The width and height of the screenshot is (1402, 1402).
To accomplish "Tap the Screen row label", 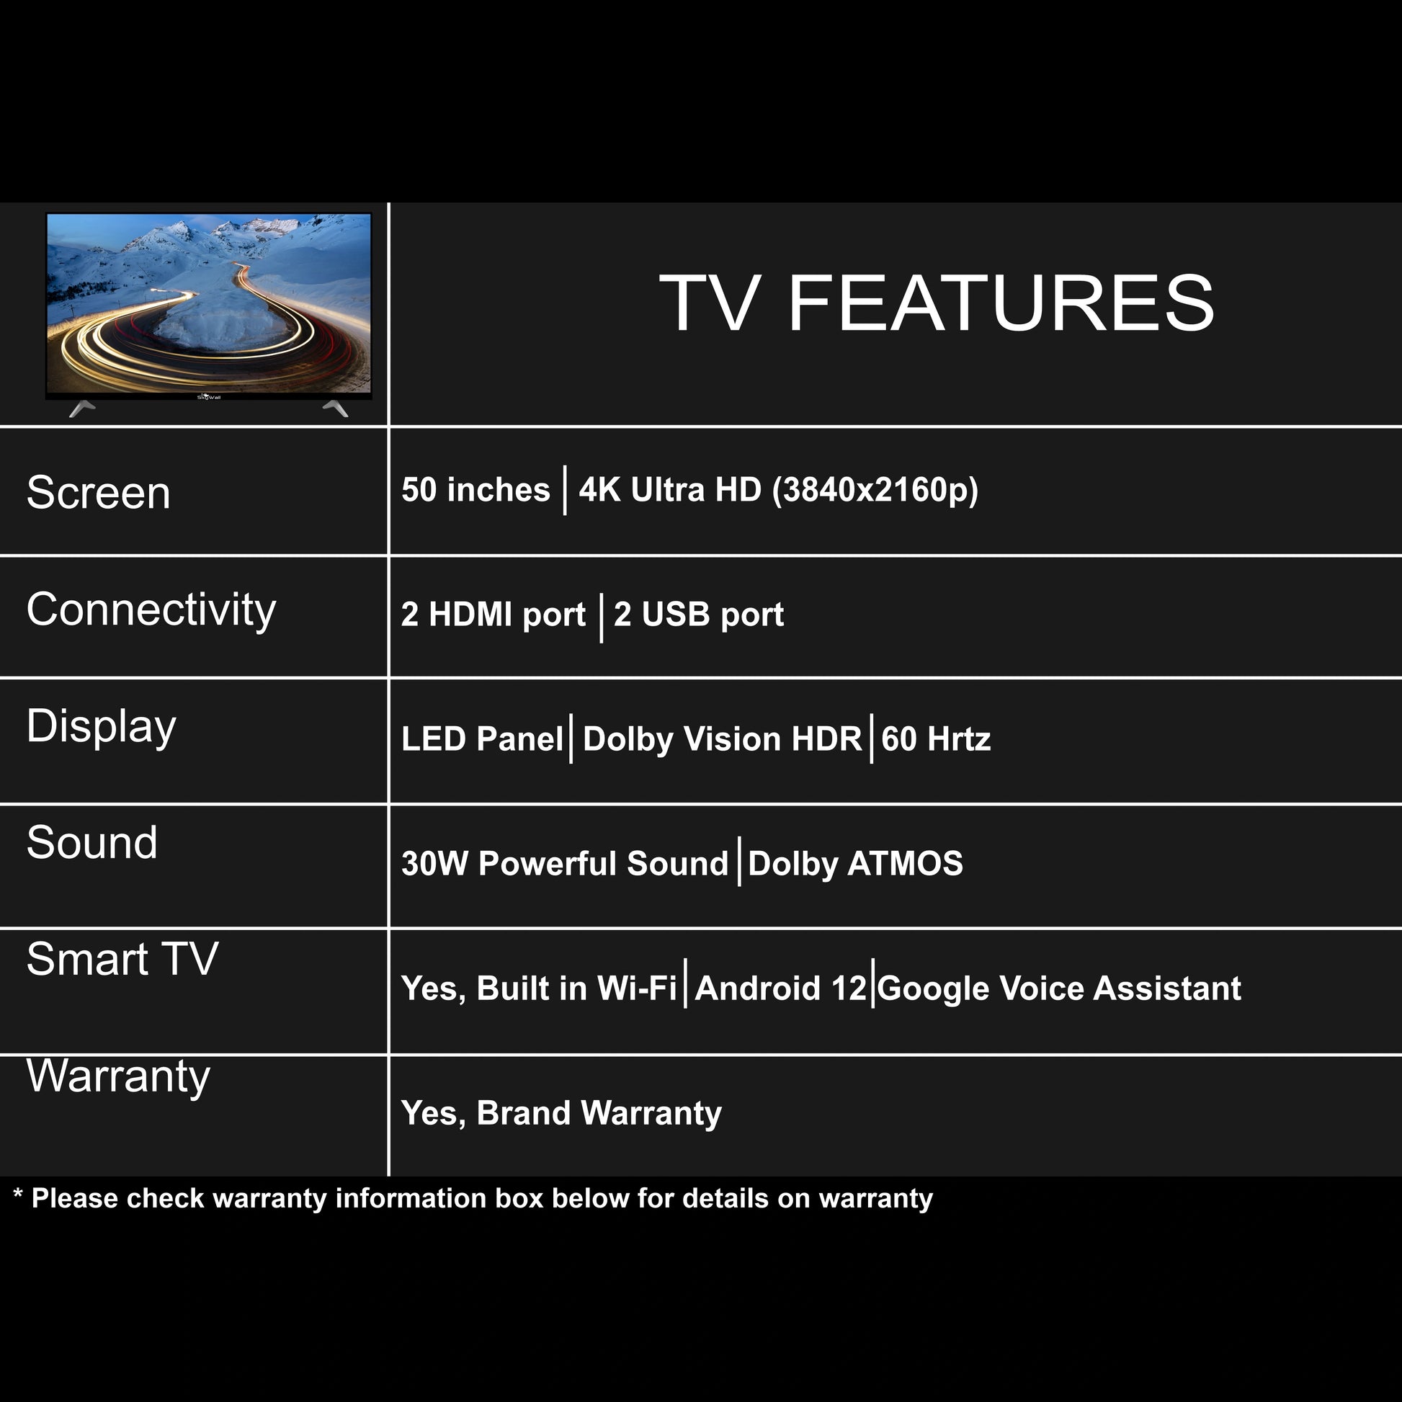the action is tap(99, 493).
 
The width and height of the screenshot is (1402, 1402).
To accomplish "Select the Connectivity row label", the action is tap(151, 611).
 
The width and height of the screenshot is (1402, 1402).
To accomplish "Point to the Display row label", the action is tap(102, 727).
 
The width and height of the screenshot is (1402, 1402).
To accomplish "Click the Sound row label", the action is tap(92, 842).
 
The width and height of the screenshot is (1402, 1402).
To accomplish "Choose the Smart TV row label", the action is tap(122, 959).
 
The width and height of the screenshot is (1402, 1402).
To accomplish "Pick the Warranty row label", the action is tap(118, 1077).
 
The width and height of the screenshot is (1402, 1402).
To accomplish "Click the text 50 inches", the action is tap(476, 490).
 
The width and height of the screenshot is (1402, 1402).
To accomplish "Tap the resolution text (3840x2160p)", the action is tap(875, 491).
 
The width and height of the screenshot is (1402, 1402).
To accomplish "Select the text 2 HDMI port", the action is tap(494, 615).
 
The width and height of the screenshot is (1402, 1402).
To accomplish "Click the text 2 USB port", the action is tap(699, 615).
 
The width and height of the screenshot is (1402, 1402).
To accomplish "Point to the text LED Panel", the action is tap(482, 738).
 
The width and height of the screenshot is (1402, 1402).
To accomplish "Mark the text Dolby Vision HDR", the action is tap(722, 739).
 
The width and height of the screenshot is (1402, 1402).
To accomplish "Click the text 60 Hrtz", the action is tap(936, 738).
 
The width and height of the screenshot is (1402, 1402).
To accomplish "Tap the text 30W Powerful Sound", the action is tap(565, 864).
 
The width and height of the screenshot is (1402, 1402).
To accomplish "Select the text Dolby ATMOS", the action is tap(856, 865).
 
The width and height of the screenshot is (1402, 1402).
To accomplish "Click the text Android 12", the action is tap(781, 988).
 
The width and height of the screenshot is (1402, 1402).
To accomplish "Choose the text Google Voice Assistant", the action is tap(1060, 989).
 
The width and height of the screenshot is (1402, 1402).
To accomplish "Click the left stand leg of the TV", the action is tap(81, 408).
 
